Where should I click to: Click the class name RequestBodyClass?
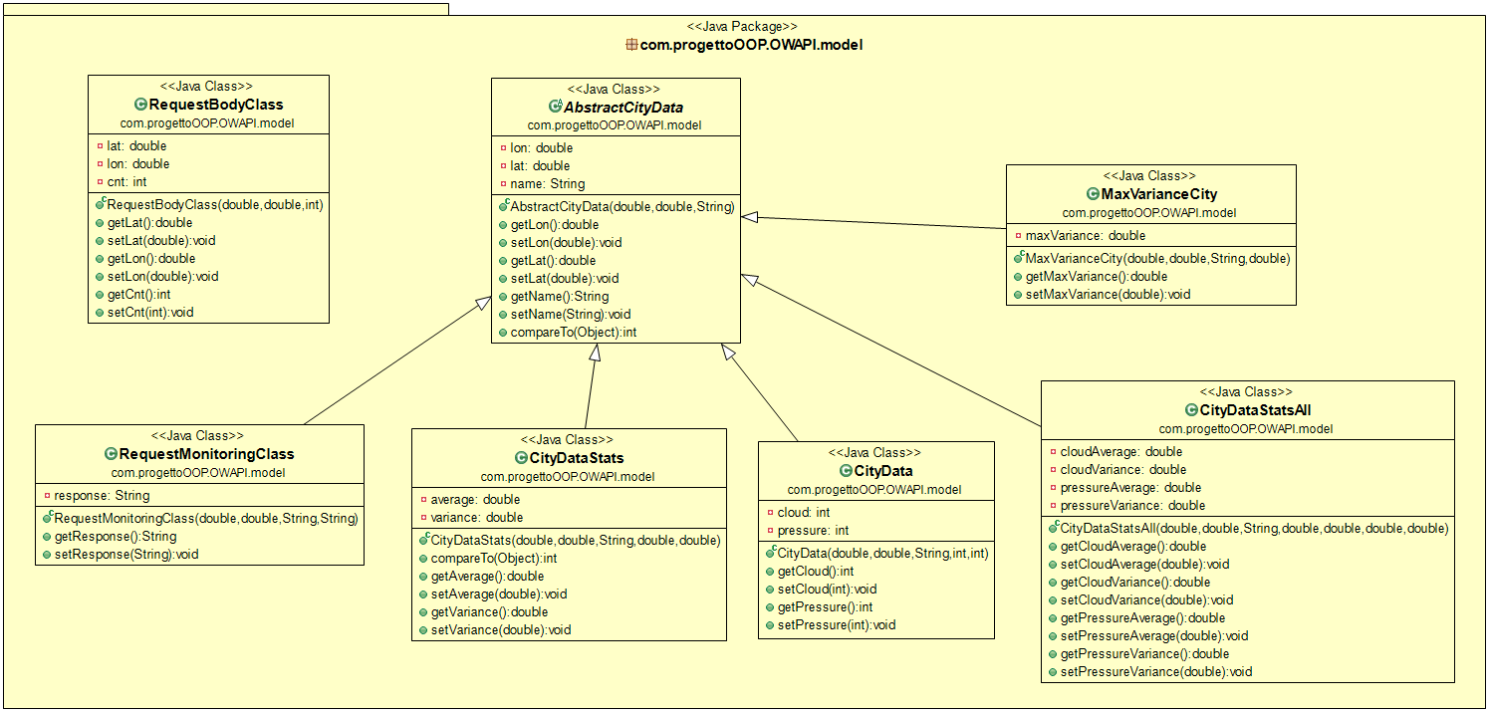point(216,105)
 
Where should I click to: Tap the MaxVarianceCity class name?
point(1158,194)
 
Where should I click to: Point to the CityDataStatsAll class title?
point(1255,410)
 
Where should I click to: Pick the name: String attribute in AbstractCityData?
point(547,183)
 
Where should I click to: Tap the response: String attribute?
point(101,495)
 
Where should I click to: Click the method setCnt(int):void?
point(149,312)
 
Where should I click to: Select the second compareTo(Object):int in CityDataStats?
point(479,558)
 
